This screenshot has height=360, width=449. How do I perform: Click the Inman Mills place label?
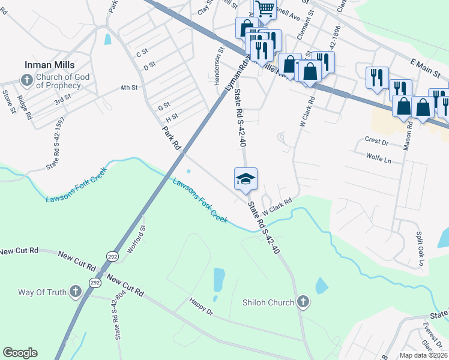tap(49, 65)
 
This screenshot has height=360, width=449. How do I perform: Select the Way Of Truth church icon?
tap(75, 292)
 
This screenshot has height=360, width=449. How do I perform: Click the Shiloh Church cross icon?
tap(303, 302)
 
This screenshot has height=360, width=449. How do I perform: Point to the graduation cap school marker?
tap(246, 179)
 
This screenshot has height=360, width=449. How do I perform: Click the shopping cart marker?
tap(264, 9)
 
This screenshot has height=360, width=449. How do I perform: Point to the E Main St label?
tap(426, 67)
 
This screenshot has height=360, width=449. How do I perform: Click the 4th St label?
tap(128, 88)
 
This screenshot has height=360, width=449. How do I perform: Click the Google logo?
tap(20, 353)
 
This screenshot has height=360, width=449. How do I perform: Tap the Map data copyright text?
tap(424, 355)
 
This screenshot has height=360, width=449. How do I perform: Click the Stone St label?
tap(8, 101)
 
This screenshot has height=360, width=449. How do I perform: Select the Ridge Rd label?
tap(24, 107)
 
